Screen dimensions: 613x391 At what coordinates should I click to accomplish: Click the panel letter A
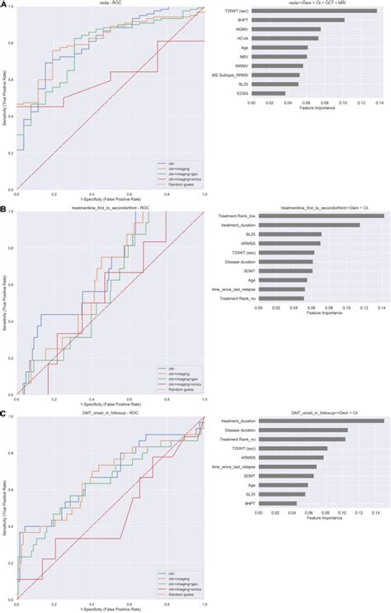4,4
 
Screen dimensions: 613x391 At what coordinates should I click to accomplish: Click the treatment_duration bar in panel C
322,421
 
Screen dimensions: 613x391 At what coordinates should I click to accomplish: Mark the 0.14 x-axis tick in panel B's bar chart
382,308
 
